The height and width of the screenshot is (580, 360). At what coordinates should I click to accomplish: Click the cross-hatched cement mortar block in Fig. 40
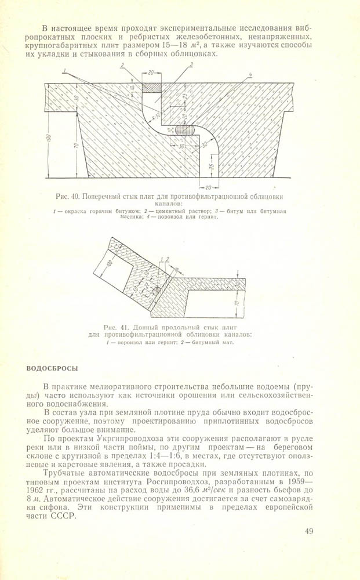150,88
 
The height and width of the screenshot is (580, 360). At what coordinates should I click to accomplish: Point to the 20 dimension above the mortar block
150,74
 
